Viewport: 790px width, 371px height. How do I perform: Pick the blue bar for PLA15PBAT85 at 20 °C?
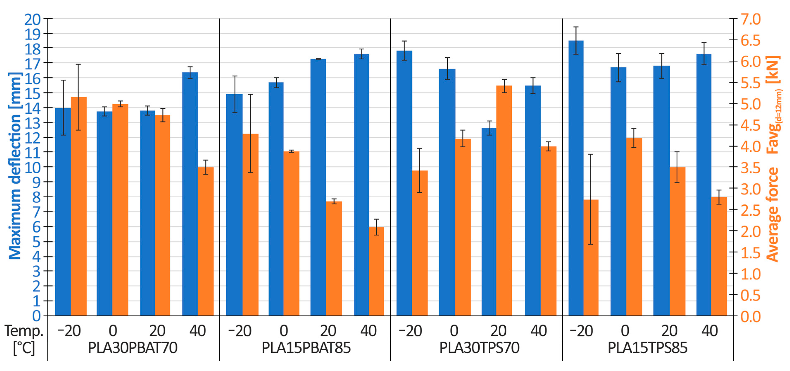318,187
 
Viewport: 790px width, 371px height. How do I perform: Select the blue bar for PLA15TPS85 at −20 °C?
576,178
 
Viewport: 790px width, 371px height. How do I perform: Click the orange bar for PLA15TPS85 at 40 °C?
719,256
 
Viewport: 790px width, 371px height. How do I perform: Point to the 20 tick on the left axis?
32,20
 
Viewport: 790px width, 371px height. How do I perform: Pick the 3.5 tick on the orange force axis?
751,168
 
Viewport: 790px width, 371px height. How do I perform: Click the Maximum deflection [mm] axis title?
15,166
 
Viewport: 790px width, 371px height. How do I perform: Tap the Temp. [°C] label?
24,339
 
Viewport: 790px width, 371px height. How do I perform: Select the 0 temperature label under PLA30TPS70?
454,331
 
